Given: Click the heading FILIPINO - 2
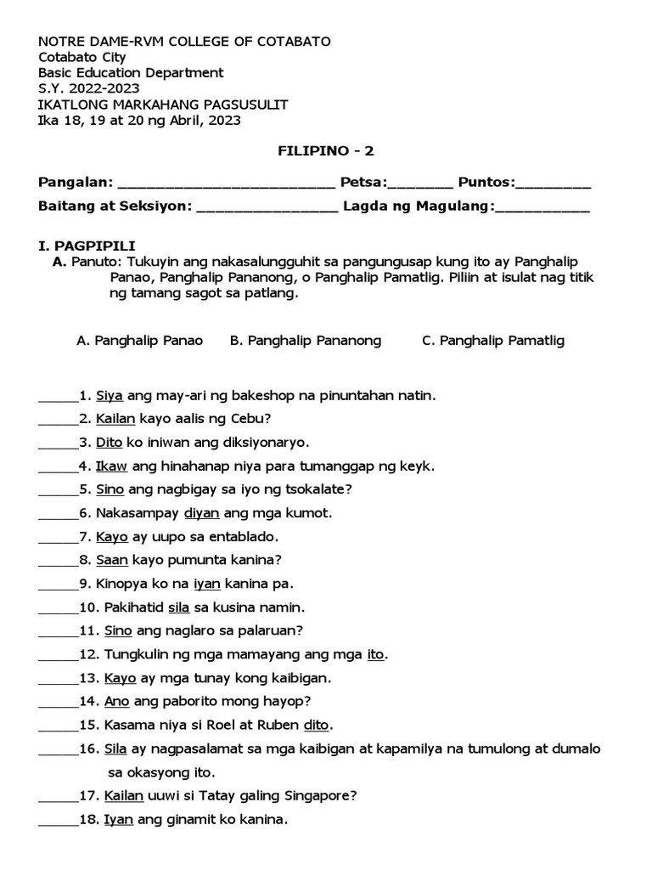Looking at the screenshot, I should point(326,151).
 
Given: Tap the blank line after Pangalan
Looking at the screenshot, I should point(226,184).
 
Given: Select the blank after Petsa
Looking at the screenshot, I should point(421,184).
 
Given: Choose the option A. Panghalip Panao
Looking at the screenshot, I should point(139,341).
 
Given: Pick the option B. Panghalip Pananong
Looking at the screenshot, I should point(306,341).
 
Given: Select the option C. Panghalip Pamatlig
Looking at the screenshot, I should point(492,341).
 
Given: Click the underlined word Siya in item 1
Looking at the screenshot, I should point(110,395).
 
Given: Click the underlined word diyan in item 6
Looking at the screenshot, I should point(201,513).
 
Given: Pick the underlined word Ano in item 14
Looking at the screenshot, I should point(116,702).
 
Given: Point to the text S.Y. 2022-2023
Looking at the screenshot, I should point(89,88).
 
